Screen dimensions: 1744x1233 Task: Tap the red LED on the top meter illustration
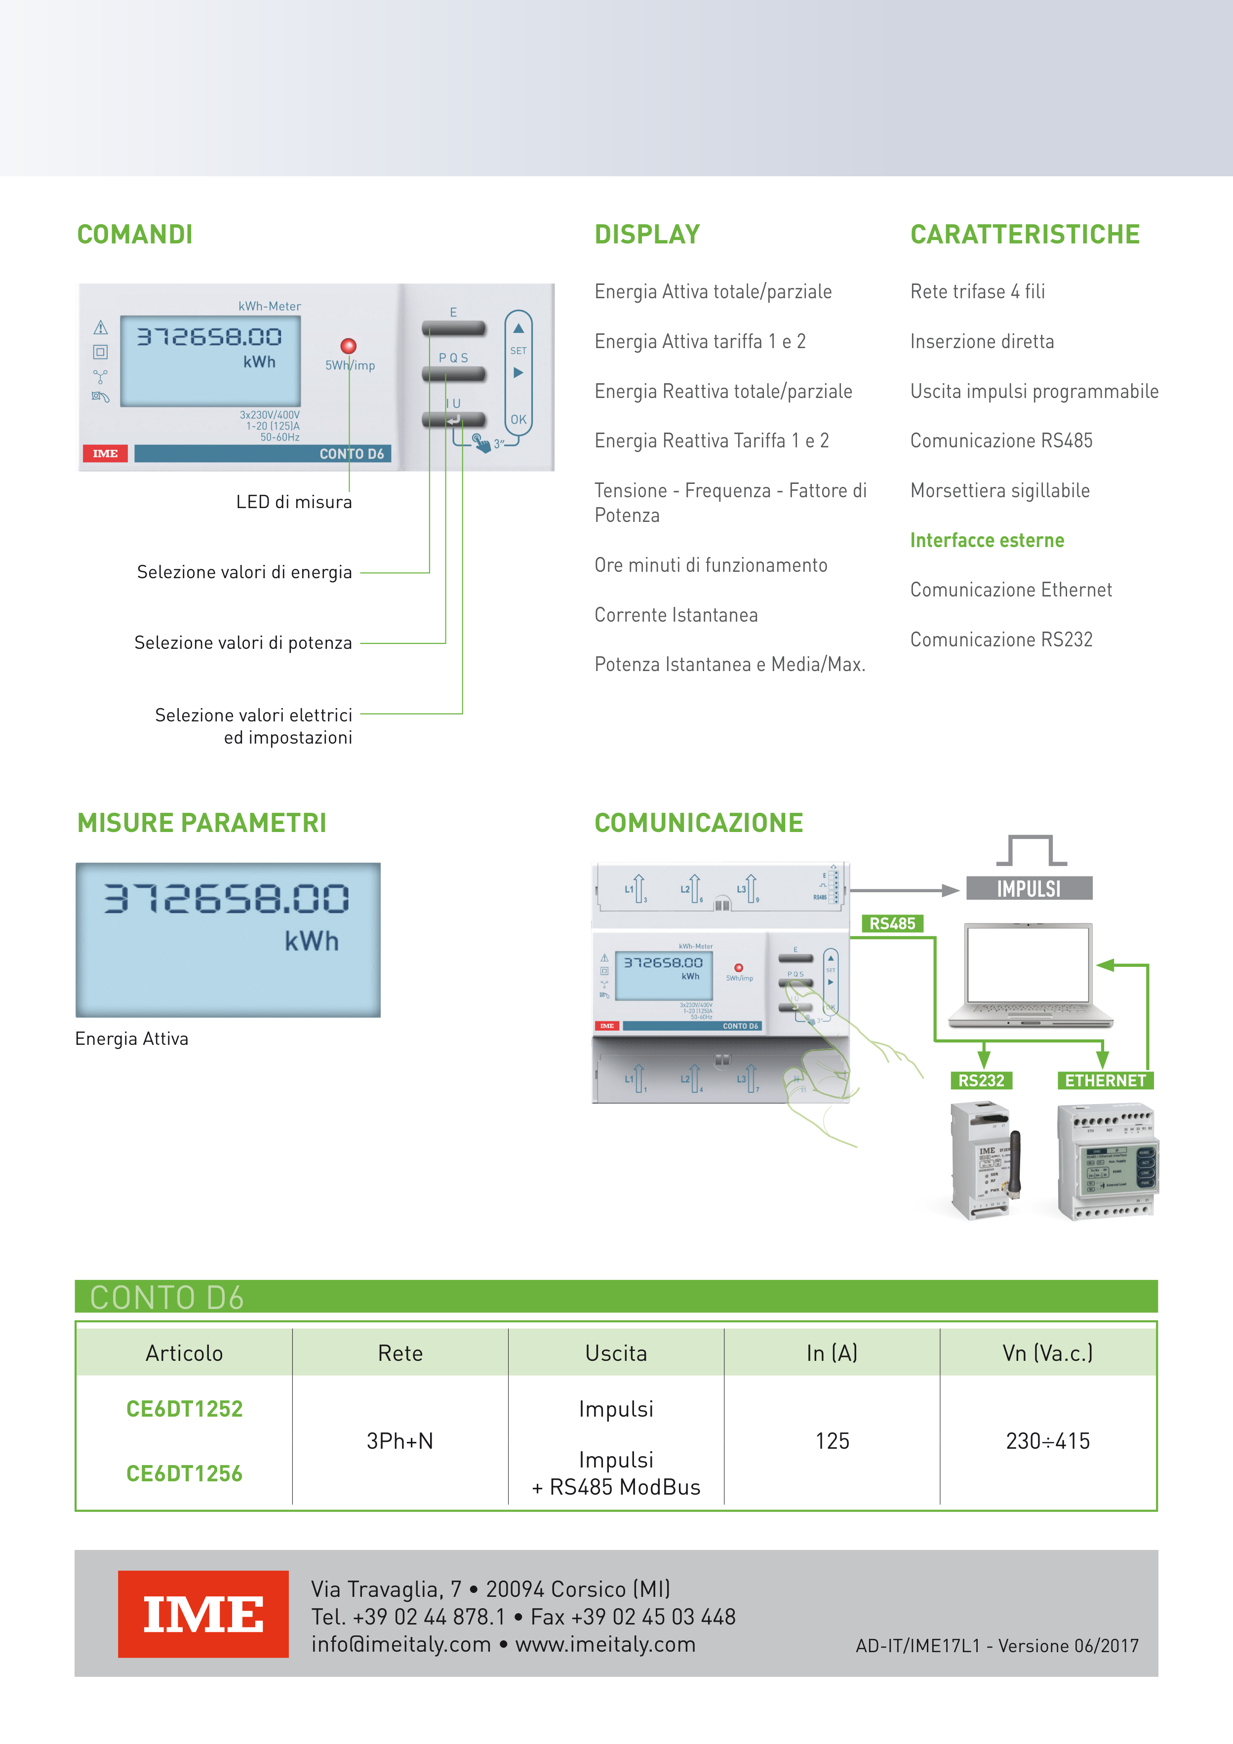(349, 346)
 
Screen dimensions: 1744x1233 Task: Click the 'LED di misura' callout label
(293, 502)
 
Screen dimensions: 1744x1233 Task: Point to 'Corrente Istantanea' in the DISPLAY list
(676, 615)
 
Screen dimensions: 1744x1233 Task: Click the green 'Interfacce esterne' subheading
(987, 541)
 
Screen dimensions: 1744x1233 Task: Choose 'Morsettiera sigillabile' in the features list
(1000, 491)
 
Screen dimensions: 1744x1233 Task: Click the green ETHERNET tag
(1106, 1080)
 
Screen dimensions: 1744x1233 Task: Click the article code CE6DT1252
(185, 1409)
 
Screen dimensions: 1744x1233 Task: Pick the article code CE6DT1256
(185, 1473)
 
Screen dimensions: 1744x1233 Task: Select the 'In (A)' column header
(832, 1353)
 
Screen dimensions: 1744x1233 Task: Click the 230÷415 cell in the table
(1048, 1441)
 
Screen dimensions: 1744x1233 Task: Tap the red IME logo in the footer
(203, 1614)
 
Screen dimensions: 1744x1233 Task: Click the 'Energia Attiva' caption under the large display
(131, 1039)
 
